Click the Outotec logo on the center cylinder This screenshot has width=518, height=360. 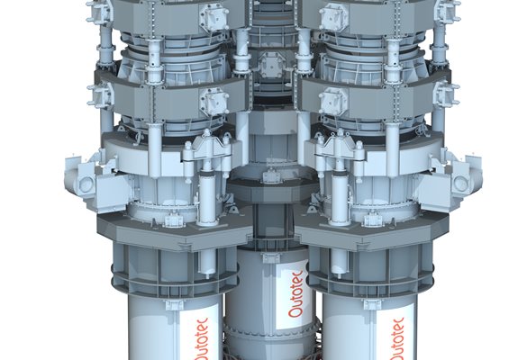coord(295,294)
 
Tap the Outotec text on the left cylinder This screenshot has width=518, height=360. coord(202,339)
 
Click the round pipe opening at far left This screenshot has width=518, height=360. coord(86,184)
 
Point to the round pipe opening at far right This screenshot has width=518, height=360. coord(460,184)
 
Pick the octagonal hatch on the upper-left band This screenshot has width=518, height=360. coord(215,16)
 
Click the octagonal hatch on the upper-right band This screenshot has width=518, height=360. coord(333,16)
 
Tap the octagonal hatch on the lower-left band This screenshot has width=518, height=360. coord(214,101)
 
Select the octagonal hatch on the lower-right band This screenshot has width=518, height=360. coord(333,100)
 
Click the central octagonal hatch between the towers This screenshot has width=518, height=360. coord(271,66)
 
